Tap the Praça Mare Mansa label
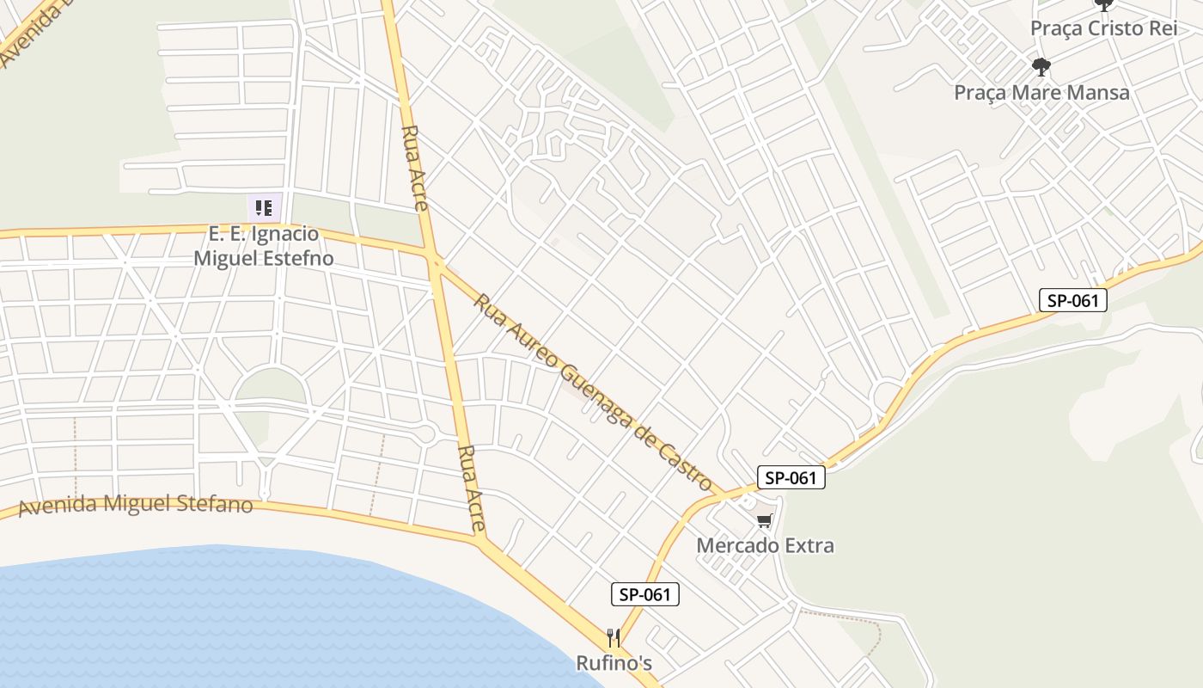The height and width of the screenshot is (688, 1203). click(x=1041, y=92)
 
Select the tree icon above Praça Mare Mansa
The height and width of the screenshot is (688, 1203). click(x=1041, y=66)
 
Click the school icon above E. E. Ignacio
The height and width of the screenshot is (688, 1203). click(x=264, y=207)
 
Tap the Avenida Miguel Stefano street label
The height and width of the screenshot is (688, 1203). click(x=136, y=504)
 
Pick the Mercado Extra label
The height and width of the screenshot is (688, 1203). click(x=765, y=545)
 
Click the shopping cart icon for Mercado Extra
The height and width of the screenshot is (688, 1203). click(x=765, y=520)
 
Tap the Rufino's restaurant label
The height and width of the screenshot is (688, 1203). click(x=614, y=663)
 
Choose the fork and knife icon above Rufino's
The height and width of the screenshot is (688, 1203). click(x=614, y=638)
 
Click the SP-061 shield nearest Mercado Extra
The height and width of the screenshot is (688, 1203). click(x=791, y=478)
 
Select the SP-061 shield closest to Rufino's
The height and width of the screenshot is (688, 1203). click(x=645, y=594)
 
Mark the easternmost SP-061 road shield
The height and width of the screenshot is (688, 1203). click(x=1072, y=300)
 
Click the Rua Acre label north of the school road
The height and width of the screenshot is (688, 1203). click(x=415, y=168)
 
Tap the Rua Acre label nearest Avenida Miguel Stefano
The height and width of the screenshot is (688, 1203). click(x=472, y=488)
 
